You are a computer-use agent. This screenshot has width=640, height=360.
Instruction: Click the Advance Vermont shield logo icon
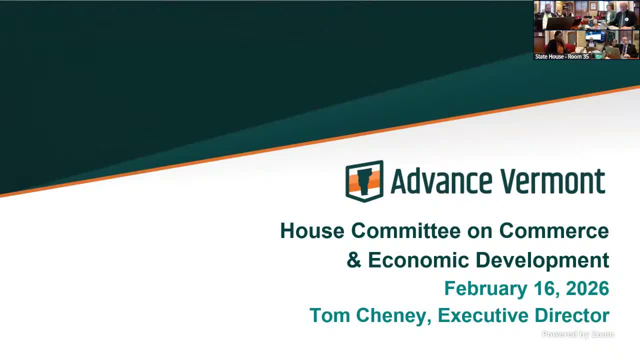364,181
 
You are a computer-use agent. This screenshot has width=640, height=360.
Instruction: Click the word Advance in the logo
441,181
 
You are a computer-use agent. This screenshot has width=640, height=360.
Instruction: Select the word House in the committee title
312,230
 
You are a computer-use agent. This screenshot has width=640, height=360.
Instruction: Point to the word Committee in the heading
405,230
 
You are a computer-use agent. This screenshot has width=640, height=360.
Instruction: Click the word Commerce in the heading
554,230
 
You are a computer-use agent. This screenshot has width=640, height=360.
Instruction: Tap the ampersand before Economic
354,259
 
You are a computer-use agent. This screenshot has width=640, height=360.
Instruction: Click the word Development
543,260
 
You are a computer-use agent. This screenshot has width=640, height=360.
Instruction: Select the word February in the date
485,288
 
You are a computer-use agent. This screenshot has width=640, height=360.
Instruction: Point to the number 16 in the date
545,288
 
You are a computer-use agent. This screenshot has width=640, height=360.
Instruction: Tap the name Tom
329,315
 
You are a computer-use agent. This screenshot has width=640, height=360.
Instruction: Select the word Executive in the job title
483,315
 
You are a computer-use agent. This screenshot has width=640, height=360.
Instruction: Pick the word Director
572,315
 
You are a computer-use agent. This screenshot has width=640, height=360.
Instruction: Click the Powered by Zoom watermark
578,334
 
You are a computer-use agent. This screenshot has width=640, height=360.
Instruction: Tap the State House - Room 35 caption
561,56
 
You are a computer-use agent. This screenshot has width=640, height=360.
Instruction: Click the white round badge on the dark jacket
626,19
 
